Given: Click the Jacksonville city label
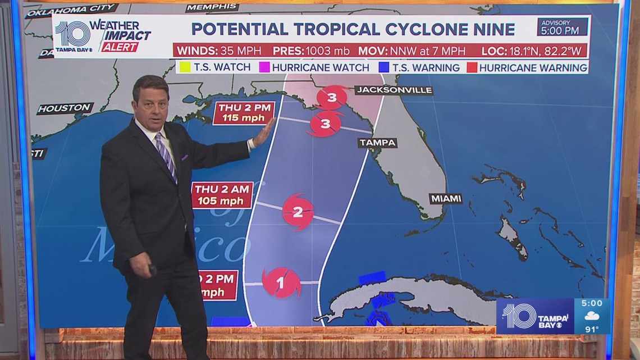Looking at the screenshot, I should (394, 90).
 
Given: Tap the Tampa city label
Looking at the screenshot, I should (377, 143).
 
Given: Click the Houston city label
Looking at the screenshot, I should (64, 107).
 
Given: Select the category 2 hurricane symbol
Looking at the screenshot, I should (298, 212).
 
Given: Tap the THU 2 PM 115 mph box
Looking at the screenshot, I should (244, 113).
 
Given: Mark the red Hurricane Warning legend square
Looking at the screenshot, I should (472, 67).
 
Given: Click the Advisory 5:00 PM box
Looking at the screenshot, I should (562, 26).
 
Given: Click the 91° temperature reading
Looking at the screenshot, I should (592, 329).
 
